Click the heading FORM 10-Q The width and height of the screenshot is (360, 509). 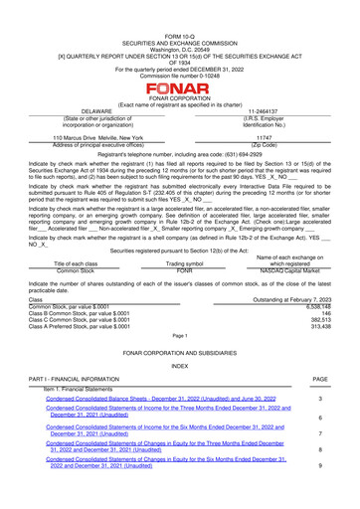click(x=180, y=7)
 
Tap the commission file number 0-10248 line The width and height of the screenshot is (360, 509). click(x=180, y=39)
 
